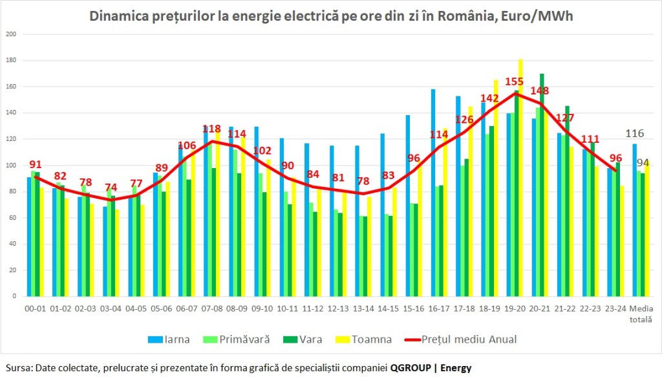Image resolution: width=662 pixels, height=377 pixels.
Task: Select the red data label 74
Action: click(x=111, y=188)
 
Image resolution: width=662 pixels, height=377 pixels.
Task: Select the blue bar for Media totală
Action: click(x=634, y=220)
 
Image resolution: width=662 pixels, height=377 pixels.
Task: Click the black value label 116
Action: click(x=635, y=134)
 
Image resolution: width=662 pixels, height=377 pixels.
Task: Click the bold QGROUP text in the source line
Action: click(x=411, y=367)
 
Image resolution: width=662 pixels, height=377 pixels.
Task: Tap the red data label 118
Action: click(x=212, y=129)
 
